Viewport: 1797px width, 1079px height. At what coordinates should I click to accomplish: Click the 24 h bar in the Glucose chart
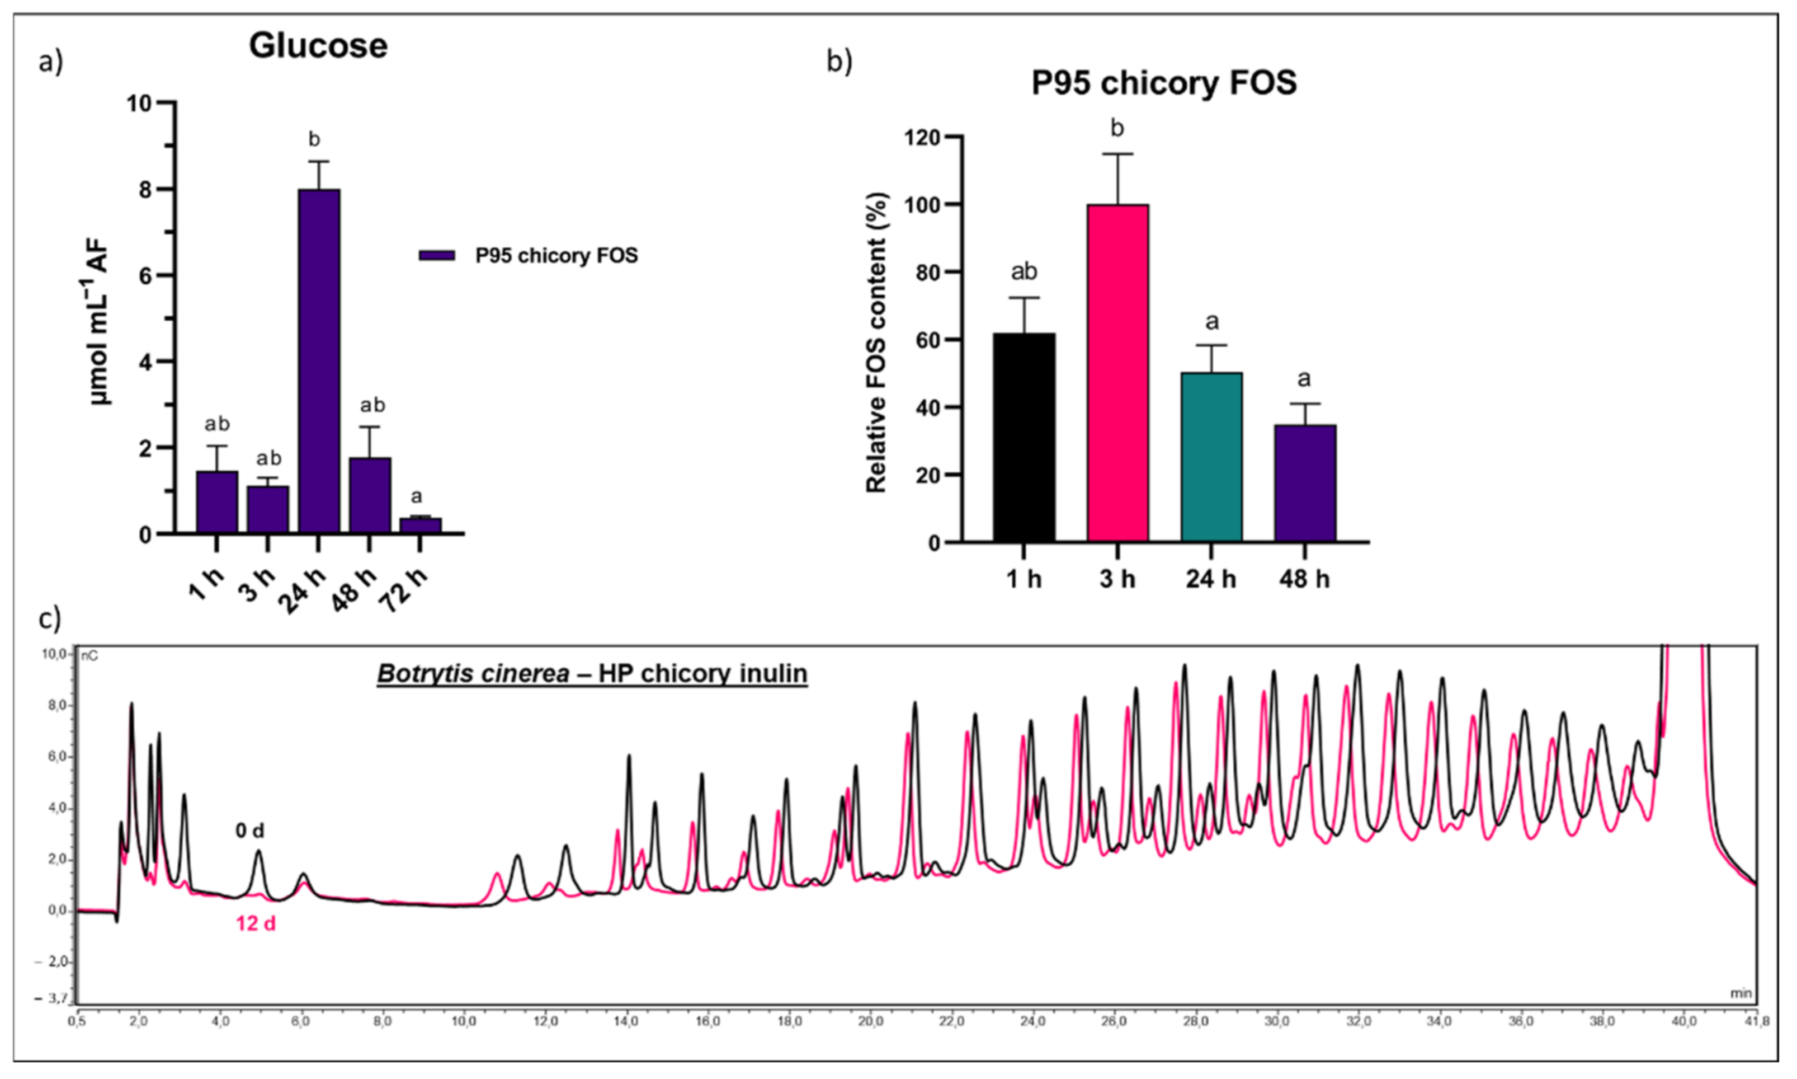coord(318,362)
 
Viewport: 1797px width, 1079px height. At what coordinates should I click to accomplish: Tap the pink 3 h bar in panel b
coord(1117,373)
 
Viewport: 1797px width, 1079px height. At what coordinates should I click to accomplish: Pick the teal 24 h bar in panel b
coord(1211,457)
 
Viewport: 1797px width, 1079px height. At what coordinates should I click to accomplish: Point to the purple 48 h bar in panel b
coord(1305,484)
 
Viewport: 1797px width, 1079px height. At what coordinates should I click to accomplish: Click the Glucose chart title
coord(318,46)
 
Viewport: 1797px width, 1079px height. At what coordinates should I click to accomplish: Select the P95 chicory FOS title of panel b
coord(1164,83)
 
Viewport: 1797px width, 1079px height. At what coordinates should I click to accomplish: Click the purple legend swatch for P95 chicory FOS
coord(437,256)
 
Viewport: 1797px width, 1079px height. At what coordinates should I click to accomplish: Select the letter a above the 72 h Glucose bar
coord(416,496)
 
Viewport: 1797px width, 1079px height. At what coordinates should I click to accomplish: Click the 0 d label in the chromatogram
coord(249,831)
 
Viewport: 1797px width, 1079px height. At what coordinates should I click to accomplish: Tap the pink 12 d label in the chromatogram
coord(255,923)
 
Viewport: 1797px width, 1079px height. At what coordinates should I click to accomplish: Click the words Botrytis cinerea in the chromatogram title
coord(473,674)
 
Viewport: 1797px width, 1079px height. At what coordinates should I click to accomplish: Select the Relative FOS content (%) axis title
coord(877,342)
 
